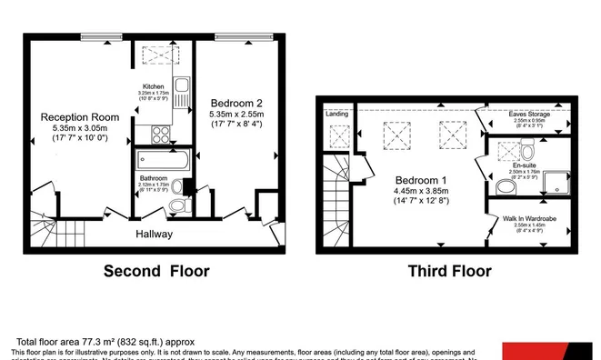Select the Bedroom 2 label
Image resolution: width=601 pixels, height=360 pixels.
(235, 102)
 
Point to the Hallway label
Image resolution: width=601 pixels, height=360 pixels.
(155, 234)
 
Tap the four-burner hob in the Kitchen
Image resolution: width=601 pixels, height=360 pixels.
(161, 134)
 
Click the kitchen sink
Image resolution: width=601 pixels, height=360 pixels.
(181, 90)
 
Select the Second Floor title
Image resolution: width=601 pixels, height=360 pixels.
(156, 271)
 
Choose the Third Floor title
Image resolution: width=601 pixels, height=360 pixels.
(449, 271)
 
